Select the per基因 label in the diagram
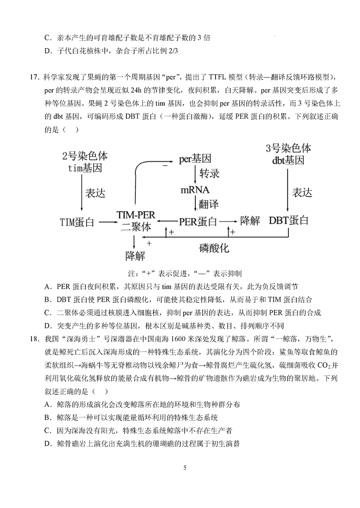(195, 159)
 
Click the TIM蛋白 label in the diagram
(77, 222)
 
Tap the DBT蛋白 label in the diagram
(289, 221)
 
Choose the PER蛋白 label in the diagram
(198, 222)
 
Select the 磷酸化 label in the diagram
(215, 248)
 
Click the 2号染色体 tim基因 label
(85, 162)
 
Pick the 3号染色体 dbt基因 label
(288, 154)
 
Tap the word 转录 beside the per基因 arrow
(209, 174)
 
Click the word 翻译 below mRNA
(209, 204)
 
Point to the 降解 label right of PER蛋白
(251, 221)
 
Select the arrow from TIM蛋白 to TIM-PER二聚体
(106, 222)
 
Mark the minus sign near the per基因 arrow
(165, 166)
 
